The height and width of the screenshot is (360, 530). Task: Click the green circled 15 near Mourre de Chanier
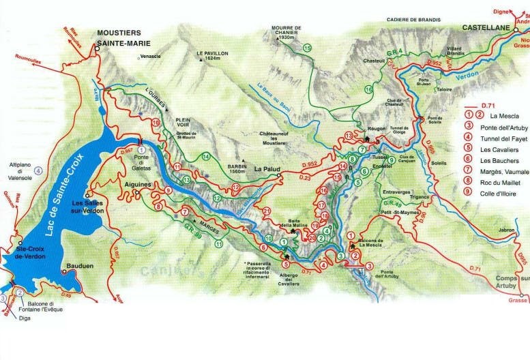307,48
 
